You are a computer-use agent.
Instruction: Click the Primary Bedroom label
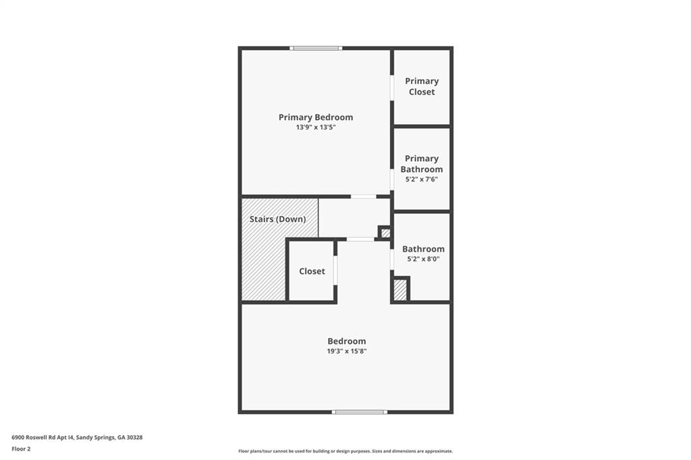tap(315, 117)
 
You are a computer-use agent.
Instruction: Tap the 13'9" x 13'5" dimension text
tap(315, 127)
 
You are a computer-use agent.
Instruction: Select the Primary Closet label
tap(422, 86)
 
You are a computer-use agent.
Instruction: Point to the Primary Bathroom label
tap(422, 164)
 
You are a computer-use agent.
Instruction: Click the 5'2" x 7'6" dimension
tap(422, 179)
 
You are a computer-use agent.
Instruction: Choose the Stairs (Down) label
tap(277, 219)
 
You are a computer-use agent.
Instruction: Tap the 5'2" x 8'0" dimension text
tap(423, 259)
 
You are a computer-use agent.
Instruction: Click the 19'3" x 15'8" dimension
tap(347, 351)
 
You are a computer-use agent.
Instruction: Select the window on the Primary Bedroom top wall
tap(316, 48)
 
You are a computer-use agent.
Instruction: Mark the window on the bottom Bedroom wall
tap(359, 411)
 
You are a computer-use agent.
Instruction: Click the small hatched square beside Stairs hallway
tap(385, 233)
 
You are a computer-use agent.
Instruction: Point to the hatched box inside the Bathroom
tap(400, 290)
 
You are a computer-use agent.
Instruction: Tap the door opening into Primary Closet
tap(392, 88)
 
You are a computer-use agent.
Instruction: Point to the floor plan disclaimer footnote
tap(345, 451)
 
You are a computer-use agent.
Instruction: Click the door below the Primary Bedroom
tap(363, 196)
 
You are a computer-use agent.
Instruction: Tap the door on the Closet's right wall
tap(335, 270)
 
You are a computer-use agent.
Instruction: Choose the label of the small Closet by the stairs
tap(312, 271)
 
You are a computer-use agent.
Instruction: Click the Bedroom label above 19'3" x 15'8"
tap(347, 341)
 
